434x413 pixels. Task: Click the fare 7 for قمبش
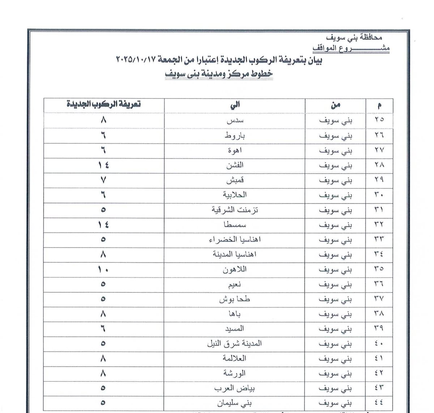click(103, 180)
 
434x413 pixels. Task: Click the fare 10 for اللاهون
click(103, 269)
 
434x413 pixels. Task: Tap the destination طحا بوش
click(235, 299)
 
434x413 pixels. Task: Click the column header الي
click(235, 105)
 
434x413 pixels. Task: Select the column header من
click(335, 105)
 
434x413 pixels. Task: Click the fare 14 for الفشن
click(103, 165)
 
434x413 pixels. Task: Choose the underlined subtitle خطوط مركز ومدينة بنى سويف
click(219, 73)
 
